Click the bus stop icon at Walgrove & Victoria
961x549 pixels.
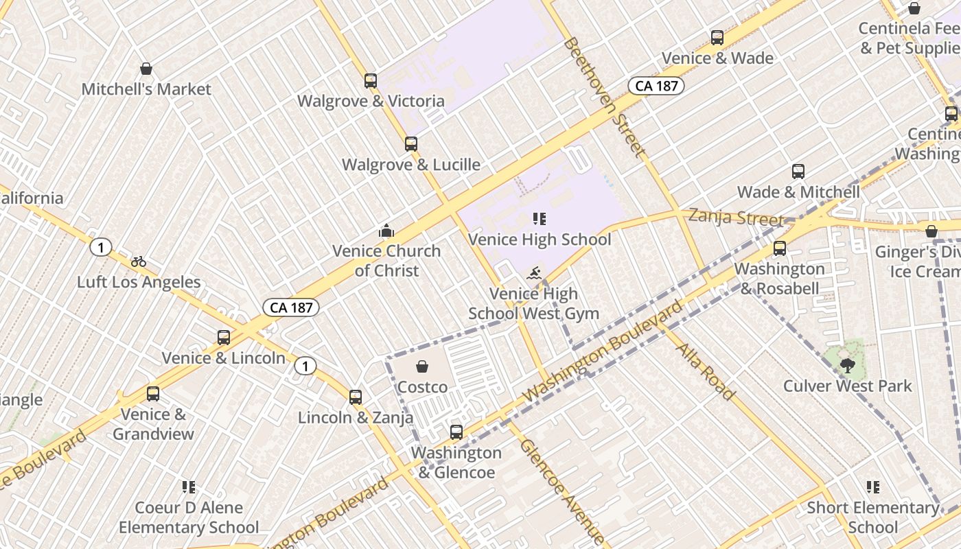point(371,81)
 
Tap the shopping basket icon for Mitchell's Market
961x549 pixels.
point(146,69)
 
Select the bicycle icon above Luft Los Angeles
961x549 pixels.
point(139,261)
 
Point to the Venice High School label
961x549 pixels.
point(540,240)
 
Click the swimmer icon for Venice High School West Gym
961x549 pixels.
point(534,274)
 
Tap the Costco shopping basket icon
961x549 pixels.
point(422,367)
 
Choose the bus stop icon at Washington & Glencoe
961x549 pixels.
point(456,432)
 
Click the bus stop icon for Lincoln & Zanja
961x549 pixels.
point(356,397)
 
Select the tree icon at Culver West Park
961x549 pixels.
point(847,366)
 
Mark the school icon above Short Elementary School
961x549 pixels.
point(872,487)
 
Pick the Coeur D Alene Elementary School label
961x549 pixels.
point(189,517)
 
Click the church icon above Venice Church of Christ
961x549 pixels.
point(386,231)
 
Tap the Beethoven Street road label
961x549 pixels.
point(605,97)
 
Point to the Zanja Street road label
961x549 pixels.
point(735,218)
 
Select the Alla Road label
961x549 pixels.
point(706,371)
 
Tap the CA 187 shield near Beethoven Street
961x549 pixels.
point(656,86)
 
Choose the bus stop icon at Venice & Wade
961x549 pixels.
point(717,38)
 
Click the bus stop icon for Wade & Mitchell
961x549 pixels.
point(798,172)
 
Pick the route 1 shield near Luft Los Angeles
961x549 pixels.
point(101,247)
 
